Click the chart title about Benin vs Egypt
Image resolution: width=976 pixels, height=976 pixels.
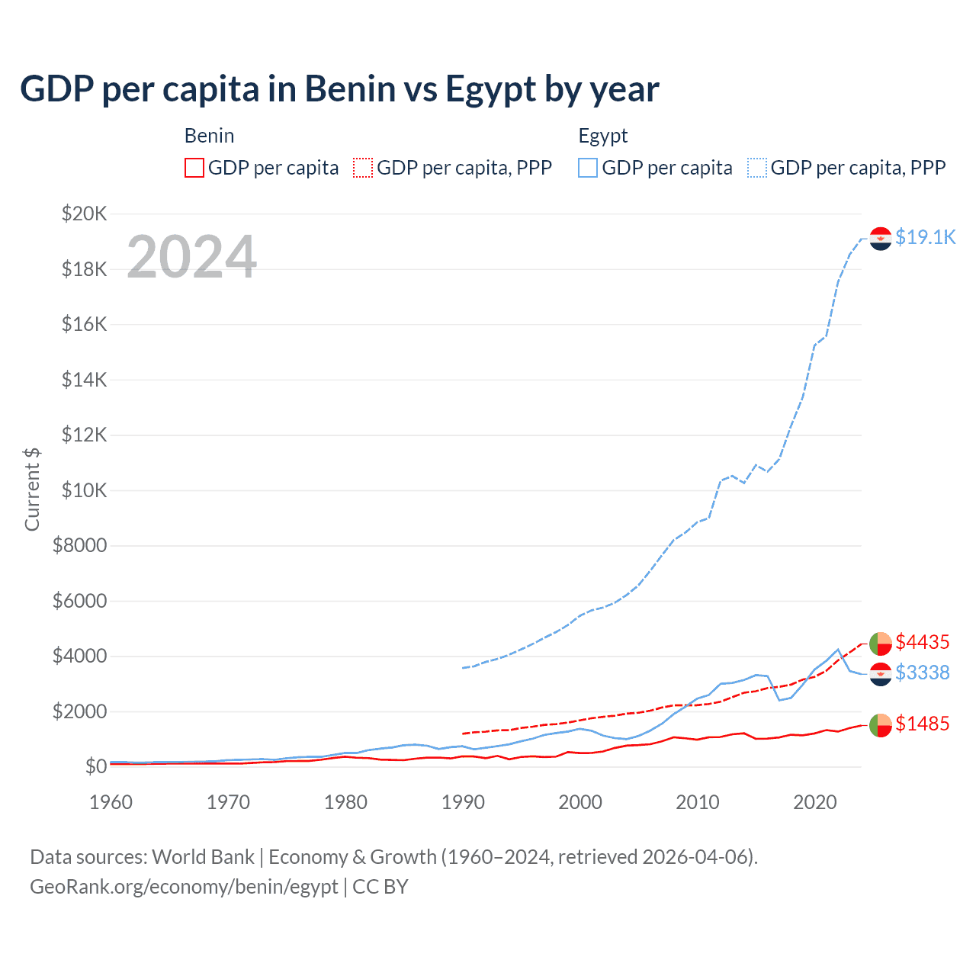pos(339,89)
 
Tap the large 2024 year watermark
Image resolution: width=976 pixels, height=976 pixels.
pos(191,257)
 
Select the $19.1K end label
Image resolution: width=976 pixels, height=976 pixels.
pos(925,237)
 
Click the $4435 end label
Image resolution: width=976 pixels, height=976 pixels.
pos(922,642)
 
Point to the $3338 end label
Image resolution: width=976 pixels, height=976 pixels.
pos(922,673)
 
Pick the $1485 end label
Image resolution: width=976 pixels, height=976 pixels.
pos(922,724)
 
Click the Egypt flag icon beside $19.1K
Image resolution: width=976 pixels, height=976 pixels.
pos(881,239)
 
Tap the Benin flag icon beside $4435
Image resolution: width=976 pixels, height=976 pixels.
pos(881,644)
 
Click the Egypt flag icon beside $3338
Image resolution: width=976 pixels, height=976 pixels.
pos(881,674)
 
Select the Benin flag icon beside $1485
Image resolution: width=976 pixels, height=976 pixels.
pos(881,725)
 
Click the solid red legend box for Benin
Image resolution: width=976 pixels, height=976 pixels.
pos(194,168)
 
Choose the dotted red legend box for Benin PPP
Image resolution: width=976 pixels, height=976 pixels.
pos(363,168)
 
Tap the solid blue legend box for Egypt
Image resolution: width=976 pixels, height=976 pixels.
pos(588,168)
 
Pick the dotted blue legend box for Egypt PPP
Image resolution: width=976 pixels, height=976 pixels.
pos(757,168)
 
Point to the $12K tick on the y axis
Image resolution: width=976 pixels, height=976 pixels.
pos(84,435)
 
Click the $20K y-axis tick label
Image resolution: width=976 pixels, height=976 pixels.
pos(84,213)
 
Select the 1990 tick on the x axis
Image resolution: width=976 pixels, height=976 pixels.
pos(463,802)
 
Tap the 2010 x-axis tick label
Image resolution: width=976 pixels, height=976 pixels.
pos(698,802)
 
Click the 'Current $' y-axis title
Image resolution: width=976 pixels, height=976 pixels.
pos(32,490)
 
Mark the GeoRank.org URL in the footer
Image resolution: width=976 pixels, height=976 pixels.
pos(184,887)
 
